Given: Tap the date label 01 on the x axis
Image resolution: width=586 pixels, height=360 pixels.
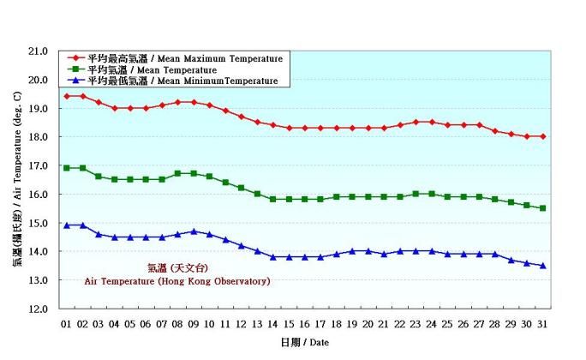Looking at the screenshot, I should (x=67, y=324).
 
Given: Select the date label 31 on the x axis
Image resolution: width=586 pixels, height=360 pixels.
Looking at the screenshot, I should (x=542, y=324).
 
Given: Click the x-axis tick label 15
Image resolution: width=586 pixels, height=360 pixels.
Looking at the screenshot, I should (x=289, y=324).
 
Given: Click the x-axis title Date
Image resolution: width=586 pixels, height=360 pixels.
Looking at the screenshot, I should (x=305, y=342).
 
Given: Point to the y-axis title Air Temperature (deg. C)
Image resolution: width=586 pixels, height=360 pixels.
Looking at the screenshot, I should (x=17, y=180).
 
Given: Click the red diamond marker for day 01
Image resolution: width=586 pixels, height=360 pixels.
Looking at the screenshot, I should (x=67, y=96).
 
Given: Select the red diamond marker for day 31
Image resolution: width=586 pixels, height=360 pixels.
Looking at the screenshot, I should (x=542, y=136).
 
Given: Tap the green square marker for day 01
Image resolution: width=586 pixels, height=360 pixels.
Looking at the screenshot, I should (x=67, y=168).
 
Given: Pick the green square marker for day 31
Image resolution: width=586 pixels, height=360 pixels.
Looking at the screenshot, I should (x=542, y=207).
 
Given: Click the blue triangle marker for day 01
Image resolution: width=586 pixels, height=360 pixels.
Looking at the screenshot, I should (x=67, y=225).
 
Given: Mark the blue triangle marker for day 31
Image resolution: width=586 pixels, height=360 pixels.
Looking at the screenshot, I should (x=542, y=265).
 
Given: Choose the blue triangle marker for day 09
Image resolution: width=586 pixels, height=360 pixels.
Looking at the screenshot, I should (x=194, y=231).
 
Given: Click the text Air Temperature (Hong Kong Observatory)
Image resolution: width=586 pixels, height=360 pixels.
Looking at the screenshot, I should (x=176, y=281).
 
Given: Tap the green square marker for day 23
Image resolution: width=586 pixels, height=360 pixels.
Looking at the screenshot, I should (x=416, y=194).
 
